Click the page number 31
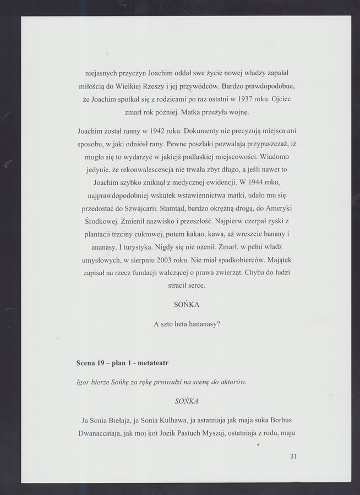[x=293, y=456]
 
